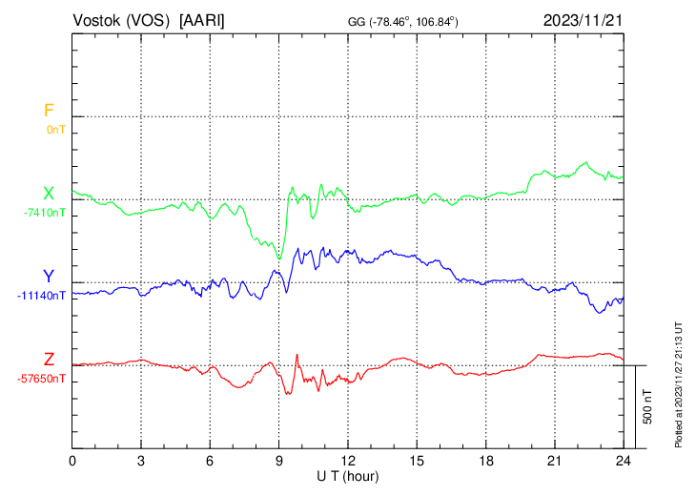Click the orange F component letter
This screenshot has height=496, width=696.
(49, 111)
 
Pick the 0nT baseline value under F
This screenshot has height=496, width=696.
(55, 129)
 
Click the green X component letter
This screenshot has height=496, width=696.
(48, 194)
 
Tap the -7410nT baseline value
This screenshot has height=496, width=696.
(45, 212)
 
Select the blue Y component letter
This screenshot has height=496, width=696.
(48, 277)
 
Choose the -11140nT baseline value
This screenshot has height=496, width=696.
(42, 295)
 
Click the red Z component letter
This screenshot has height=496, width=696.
(49, 360)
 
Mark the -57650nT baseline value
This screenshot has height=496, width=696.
(42, 378)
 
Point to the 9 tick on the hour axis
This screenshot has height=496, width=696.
(279, 461)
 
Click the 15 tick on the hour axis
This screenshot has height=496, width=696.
(417, 461)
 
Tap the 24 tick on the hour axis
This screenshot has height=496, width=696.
(624, 461)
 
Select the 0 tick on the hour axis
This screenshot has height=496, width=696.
(73, 461)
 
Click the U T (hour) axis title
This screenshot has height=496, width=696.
(348, 475)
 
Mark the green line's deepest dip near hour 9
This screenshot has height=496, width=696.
(279, 258)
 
